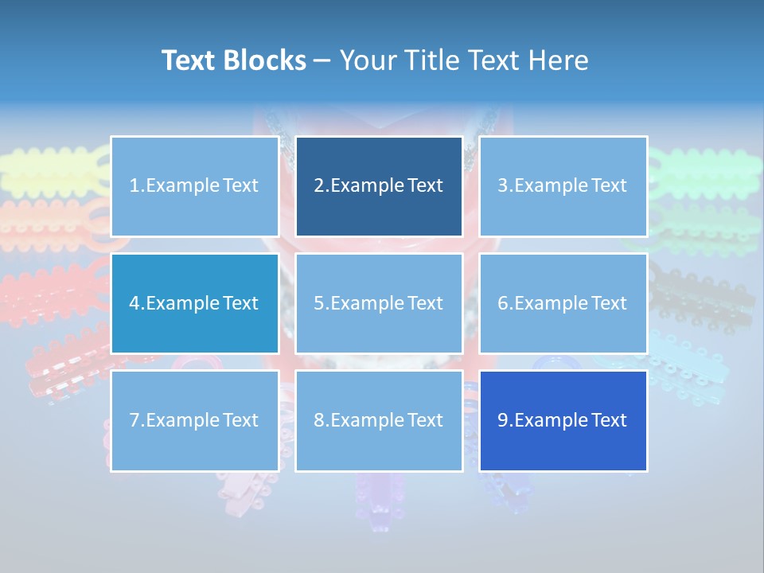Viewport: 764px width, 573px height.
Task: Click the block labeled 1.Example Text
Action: (x=194, y=186)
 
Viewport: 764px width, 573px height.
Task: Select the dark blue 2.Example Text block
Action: (x=379, y=186)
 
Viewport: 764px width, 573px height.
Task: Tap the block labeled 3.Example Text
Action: (x=563, y=186)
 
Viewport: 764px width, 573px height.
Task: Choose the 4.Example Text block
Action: (x=194, y=303)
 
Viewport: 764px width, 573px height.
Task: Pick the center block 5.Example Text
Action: (x=379, y=303)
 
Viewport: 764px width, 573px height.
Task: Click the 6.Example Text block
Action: (x=563, y=303)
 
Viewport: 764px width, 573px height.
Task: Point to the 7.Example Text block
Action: (x=194, y=420)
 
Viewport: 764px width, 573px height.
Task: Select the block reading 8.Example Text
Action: (x=379, y=420)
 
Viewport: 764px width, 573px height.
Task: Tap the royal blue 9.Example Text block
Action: (x=563, y=420)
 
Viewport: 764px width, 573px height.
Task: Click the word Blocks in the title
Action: (x=267, y=60)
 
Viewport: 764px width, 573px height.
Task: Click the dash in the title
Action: (x=322, y=60)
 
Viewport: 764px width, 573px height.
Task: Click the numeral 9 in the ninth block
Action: (x=502, y=420)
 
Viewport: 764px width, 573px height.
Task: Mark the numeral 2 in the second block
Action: (x=318, y=186)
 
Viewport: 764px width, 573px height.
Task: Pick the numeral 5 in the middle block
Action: (x=318, y=303)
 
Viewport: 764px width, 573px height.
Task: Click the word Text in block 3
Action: (x=609, y=186)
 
